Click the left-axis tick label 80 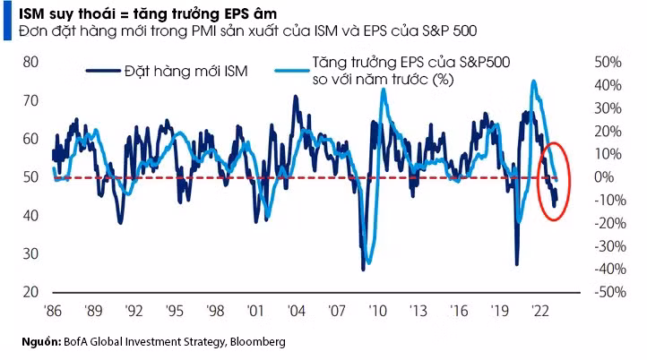point(30,63)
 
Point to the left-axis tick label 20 point(30,293)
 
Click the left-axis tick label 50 point(30,177)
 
